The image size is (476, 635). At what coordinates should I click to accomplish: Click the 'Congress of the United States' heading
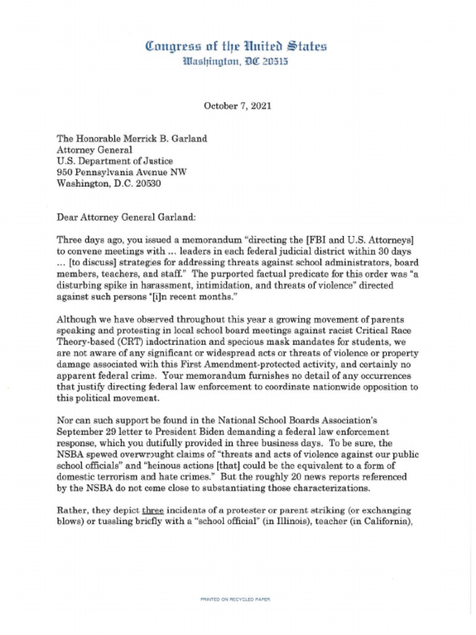pos(236,47)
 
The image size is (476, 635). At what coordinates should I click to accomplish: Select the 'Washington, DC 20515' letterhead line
pos(236,62)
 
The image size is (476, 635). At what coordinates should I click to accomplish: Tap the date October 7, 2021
pos(237,106)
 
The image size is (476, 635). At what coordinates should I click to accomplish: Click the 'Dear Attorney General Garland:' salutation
pos(121,217)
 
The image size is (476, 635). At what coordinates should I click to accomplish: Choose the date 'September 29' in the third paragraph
pos(86,429)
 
